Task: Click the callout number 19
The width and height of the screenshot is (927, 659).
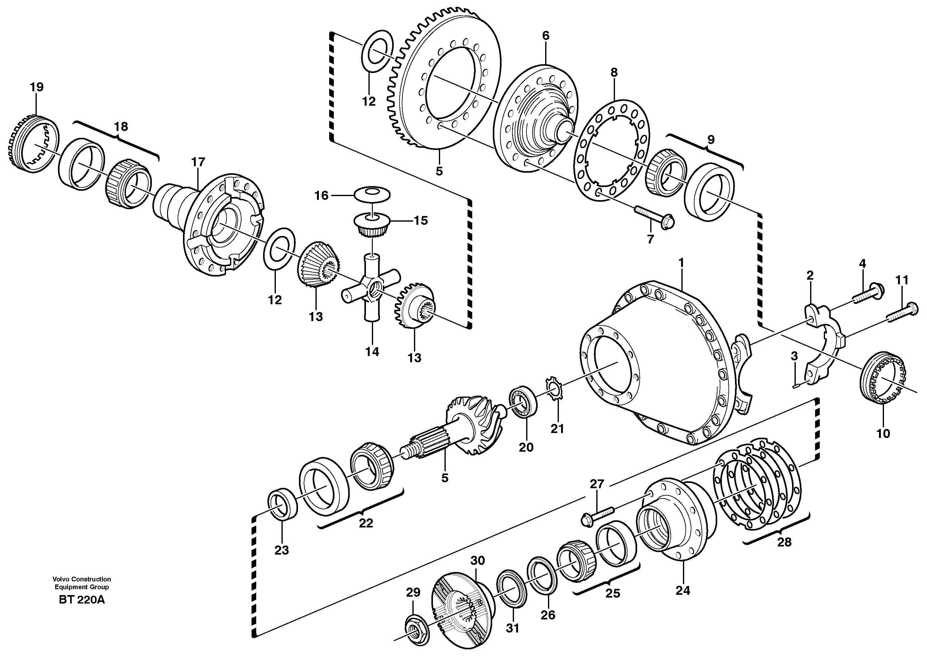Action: click(x=36, y=87)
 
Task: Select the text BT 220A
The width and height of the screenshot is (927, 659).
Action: click(x=82, y=600)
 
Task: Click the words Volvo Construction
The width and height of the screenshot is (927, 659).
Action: click(x=82, y=579)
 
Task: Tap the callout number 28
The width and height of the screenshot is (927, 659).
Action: click(x=784, y=542)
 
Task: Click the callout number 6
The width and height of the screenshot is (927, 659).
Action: click(x=546, y=36)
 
